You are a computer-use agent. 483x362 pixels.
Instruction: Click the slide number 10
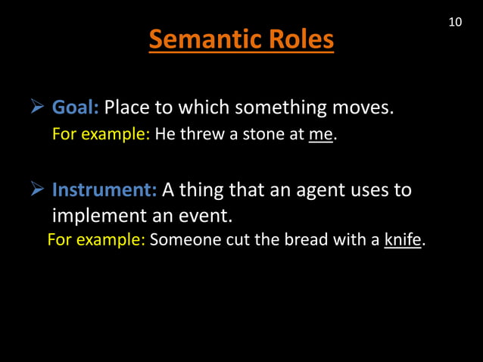click(454, 22)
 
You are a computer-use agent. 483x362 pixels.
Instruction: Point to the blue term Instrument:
click(104, 189)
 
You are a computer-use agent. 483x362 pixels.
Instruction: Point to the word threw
click(198, 136)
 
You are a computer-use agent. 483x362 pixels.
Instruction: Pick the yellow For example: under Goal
click(101, 136)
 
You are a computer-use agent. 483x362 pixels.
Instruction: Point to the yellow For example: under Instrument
click(96, 241)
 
